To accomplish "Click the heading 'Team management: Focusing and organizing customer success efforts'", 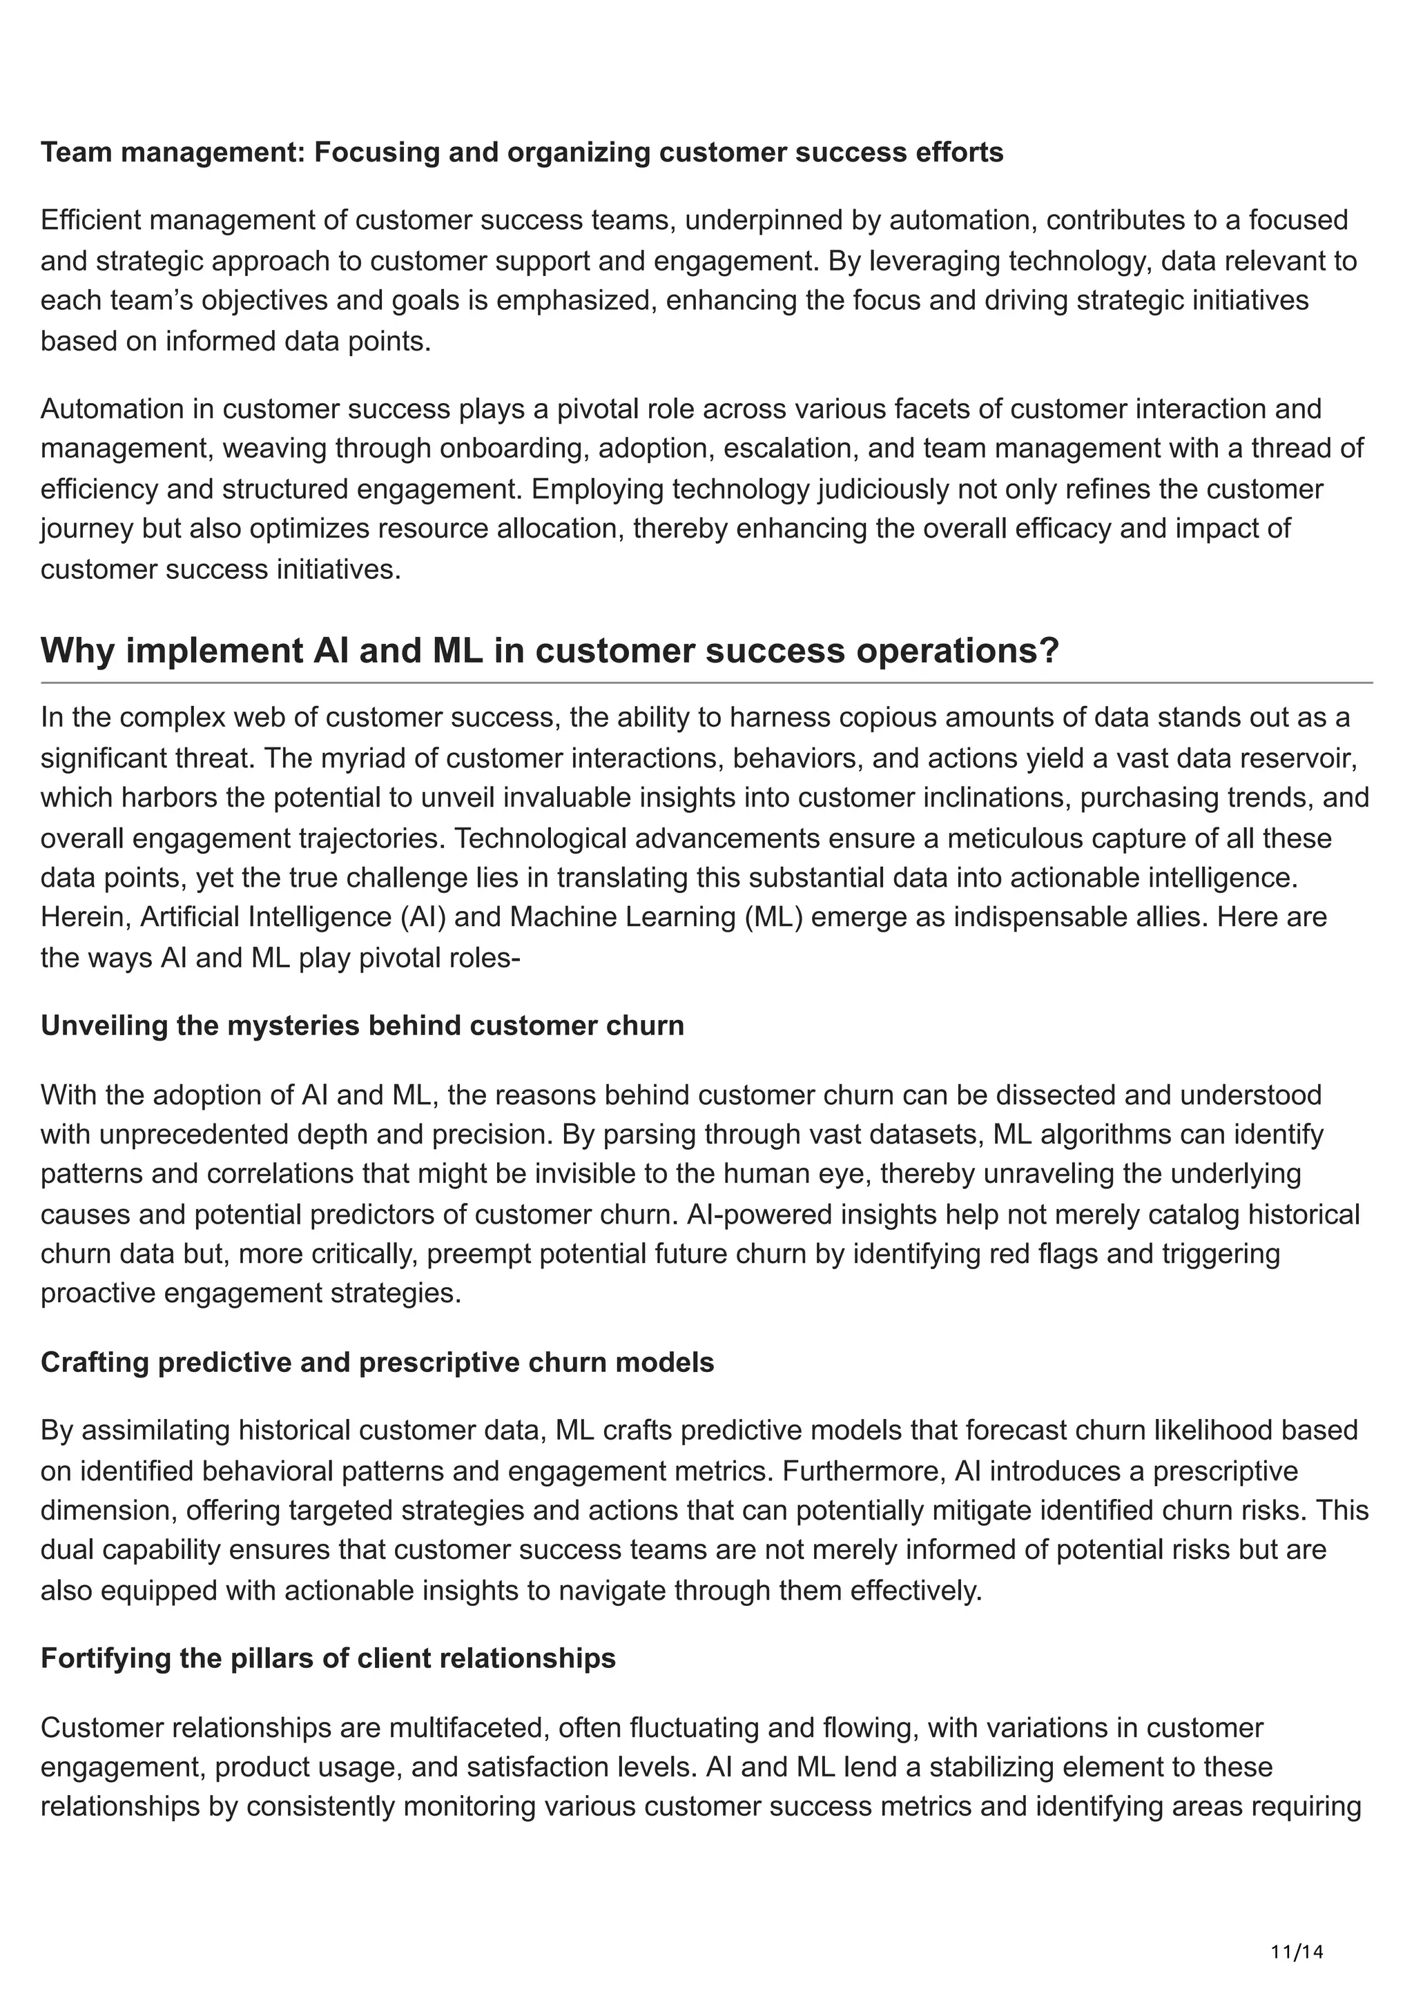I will tap(522, 153).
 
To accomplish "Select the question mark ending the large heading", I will tap(1048, 651).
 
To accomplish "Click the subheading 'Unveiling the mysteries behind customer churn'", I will tap(362, 1026).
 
